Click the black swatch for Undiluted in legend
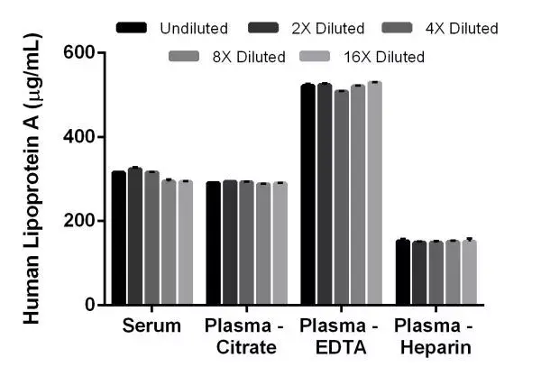pyautogui.click(x=132, y=29)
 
